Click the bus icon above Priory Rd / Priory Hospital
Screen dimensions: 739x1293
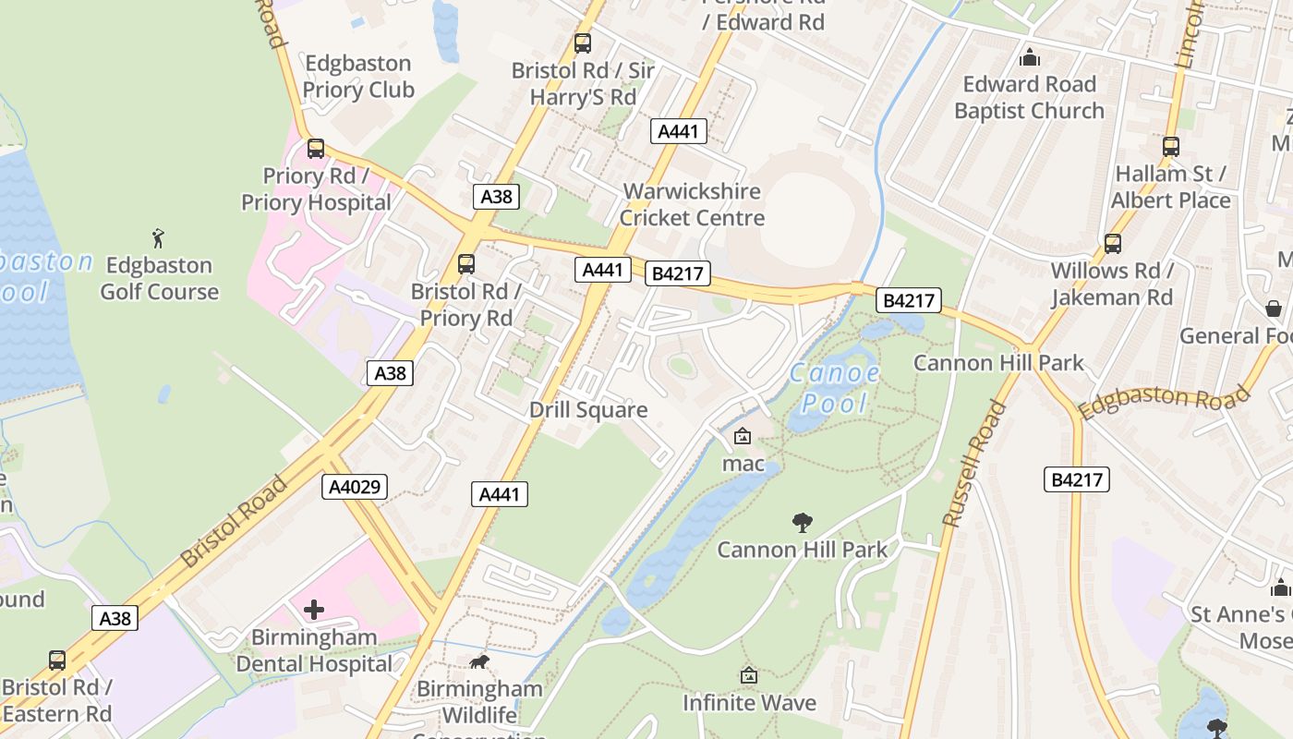tap(316, 148)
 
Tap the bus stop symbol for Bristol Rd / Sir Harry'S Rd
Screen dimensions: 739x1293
tap(582, 42)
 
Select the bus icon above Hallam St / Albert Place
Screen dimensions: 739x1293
tap(1171, 146)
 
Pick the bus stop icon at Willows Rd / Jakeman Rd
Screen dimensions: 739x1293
tap(1113, 243)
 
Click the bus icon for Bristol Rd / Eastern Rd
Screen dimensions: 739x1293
tap(57, 660)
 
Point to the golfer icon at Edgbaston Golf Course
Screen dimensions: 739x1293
tap(159, 238)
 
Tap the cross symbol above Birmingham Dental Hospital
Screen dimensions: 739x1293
tap(314, 610)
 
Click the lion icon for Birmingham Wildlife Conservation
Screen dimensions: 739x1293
tap(479, 661)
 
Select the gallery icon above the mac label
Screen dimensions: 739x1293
tap(743, 436)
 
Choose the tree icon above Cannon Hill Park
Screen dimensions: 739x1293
tap(803, 523)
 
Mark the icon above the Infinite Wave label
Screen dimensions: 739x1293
tap(749, 676)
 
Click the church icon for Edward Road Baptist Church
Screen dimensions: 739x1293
tap(1029, 57)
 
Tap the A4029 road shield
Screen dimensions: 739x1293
tap(355, 487)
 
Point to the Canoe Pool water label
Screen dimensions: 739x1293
tap(835, 388)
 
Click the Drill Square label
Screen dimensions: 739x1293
tap(588, 410)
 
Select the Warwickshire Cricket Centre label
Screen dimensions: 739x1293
tap(692, 205)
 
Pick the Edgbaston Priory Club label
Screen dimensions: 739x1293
tap(357, 77)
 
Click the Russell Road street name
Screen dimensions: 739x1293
tap(973, 464)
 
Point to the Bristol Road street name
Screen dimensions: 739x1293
tap(235, 521)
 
